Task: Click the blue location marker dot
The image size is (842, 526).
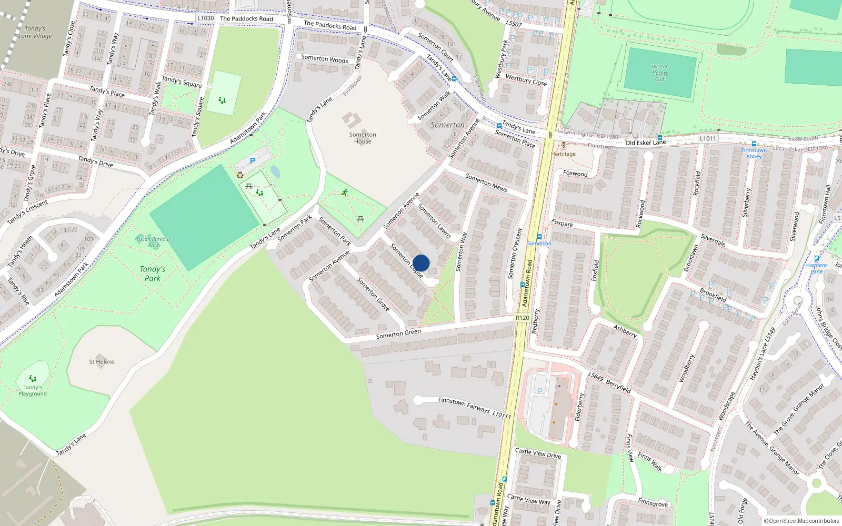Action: [421, 263]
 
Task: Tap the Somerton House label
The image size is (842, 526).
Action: [363, 138]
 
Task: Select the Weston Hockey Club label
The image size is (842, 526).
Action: [660, 73]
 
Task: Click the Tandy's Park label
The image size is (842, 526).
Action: [153, 274]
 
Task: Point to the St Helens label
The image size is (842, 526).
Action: [102, 362]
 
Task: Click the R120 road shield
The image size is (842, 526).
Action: [522, 318]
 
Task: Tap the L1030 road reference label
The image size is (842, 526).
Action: [206, 18]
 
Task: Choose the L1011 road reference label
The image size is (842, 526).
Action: [708, 139]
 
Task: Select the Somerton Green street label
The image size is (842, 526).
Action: [398, 333]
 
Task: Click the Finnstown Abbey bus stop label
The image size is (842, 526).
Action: [754, 153]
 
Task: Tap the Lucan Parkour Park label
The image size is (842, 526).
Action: [154, 242]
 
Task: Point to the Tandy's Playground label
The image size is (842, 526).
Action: [33, 390]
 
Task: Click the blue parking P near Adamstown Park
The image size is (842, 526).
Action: [253, 161]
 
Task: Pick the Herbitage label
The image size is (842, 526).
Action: [564, 154]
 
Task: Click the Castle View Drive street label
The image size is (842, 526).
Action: [538, 453]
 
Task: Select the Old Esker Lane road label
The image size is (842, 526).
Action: [646, 143]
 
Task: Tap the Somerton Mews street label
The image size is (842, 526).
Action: [486, 183]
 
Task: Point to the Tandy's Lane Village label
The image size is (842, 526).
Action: [35, 33]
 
